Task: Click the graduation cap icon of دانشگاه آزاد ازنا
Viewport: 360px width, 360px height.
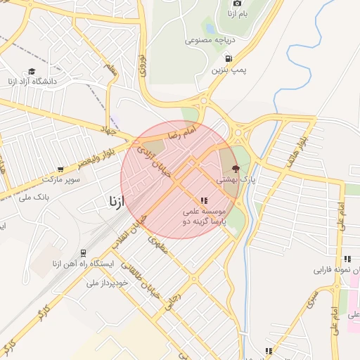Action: tap(31, 71)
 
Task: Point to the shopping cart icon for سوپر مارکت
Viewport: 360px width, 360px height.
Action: tap(60, 169)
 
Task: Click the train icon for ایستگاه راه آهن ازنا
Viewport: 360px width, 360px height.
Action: tap(84, 253)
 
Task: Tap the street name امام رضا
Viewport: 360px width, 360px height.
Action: tap(181, 131)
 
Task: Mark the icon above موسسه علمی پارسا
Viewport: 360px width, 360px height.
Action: tap(204, 200)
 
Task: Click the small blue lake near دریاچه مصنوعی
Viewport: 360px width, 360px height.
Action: tap(210, 29)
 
